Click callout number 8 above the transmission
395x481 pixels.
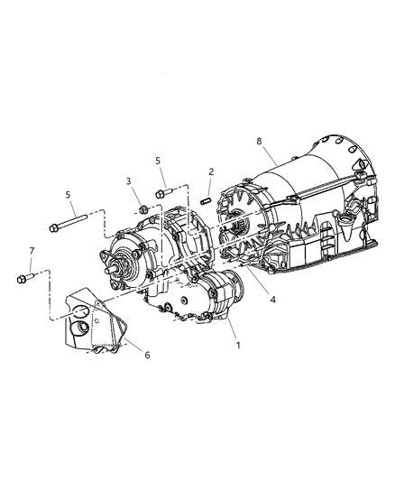(259, 141)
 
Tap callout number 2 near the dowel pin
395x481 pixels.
(210, 171)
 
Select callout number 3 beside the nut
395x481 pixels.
(129, 182)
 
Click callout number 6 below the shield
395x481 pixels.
(148, 355)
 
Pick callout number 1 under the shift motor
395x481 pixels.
(238, 344)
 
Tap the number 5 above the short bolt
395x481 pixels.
(158, 161)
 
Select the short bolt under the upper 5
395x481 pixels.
(165, 191)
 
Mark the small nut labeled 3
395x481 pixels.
(143, 209)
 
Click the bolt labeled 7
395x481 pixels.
(24, 278)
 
